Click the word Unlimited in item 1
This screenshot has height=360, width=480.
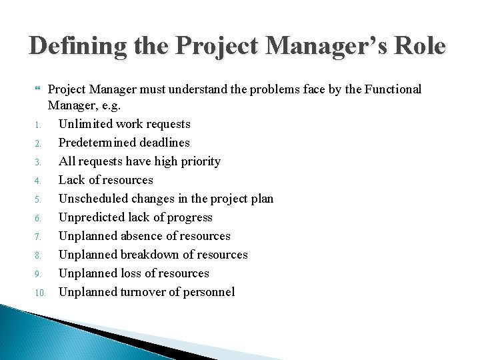(86, 124)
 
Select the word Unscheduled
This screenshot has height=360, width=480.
(92, 199)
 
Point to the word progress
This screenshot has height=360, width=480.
(190, 217)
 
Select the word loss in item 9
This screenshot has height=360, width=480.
(131, 273)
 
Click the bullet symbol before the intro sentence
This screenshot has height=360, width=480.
(39, 89)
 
